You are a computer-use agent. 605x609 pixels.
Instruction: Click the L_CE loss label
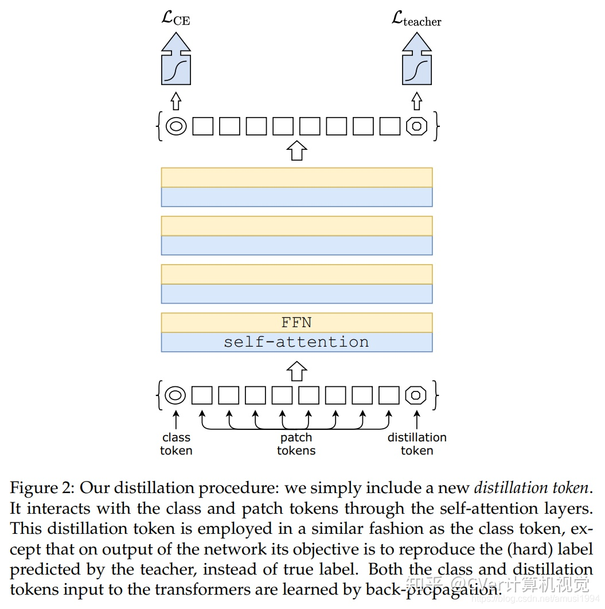point(176,18)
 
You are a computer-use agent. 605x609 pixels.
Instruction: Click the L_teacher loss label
point(416,18)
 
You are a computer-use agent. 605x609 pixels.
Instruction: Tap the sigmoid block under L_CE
point(176,59)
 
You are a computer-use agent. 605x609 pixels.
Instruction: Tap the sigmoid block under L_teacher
point(417,59)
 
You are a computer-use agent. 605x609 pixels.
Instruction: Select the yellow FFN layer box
point(297,323)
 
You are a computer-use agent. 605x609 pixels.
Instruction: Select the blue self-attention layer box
point(297,342)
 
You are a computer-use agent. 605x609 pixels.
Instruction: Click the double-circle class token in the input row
point(175,395)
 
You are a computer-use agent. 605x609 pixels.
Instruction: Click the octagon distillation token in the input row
point(416,395)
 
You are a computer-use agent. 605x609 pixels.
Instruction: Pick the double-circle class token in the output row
point(176,126)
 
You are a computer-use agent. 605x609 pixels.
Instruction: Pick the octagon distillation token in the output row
point(417,126)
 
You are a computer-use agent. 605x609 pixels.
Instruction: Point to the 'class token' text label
point(176,444)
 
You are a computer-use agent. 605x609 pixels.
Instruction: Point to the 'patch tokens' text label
point(296,444)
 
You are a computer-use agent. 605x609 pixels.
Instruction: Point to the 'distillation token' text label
point(417,444)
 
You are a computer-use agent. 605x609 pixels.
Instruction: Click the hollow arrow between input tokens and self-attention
point(297,371)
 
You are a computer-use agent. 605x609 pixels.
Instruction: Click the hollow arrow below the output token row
point(297,150)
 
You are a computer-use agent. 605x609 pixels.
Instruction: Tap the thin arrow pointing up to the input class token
point(176,420)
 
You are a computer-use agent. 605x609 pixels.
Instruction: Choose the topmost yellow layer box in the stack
point(297,177)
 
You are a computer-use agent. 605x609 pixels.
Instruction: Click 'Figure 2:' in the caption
point(42,488)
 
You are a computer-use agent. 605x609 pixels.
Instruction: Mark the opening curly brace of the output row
point(159,126)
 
